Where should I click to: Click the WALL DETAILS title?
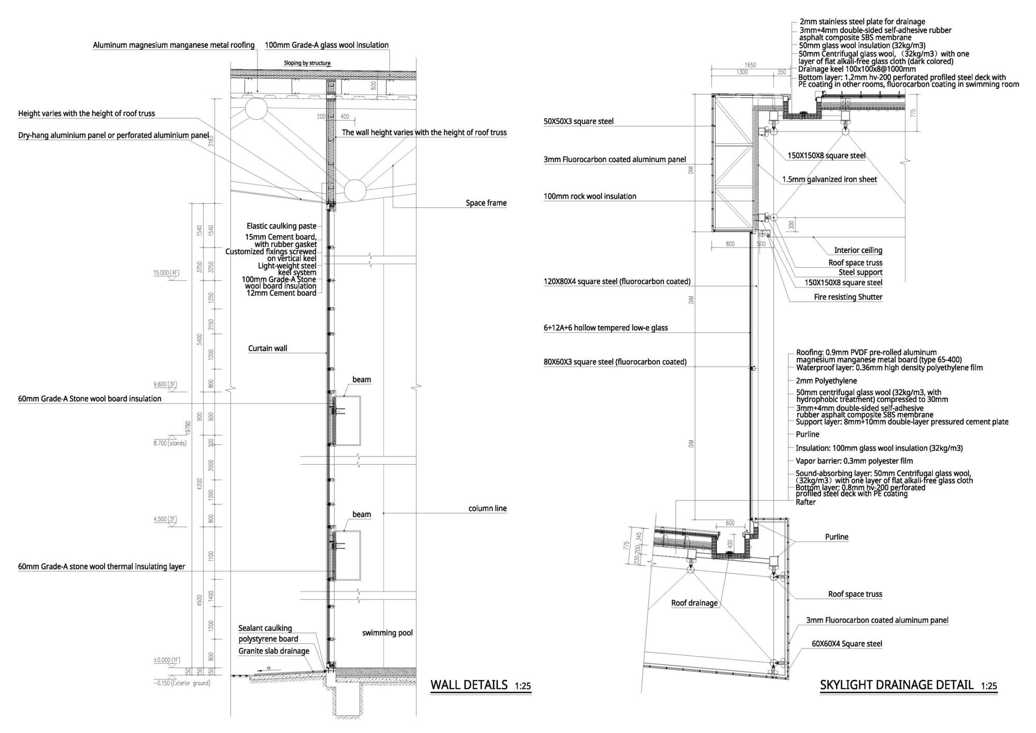coord(469,685)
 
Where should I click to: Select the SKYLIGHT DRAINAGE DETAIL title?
coord(897,685)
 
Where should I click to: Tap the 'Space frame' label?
coord(486,203)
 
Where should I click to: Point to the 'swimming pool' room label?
coord(387,633)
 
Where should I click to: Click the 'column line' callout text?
coord(487,509)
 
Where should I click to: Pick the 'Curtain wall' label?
coord(267,349)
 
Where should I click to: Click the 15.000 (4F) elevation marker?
coord(166,272)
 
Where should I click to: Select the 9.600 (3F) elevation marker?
coord(165,384)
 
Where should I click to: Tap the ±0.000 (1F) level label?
coord(167,660)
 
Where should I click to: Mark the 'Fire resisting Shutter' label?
coord(848,297)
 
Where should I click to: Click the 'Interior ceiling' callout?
coord(858,250)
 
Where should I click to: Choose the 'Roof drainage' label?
coord(694,603)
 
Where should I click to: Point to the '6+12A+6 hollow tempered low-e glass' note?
coord(606,328)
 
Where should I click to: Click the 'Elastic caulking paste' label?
coord(281,226)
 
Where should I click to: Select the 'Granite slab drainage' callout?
coord(274,651)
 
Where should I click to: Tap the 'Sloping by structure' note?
coord(307,63)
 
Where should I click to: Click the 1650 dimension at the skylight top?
coord(750,65)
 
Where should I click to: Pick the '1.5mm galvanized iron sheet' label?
coord(829,180)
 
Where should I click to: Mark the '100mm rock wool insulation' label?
coord(589,196)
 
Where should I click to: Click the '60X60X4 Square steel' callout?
coord(846,644)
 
